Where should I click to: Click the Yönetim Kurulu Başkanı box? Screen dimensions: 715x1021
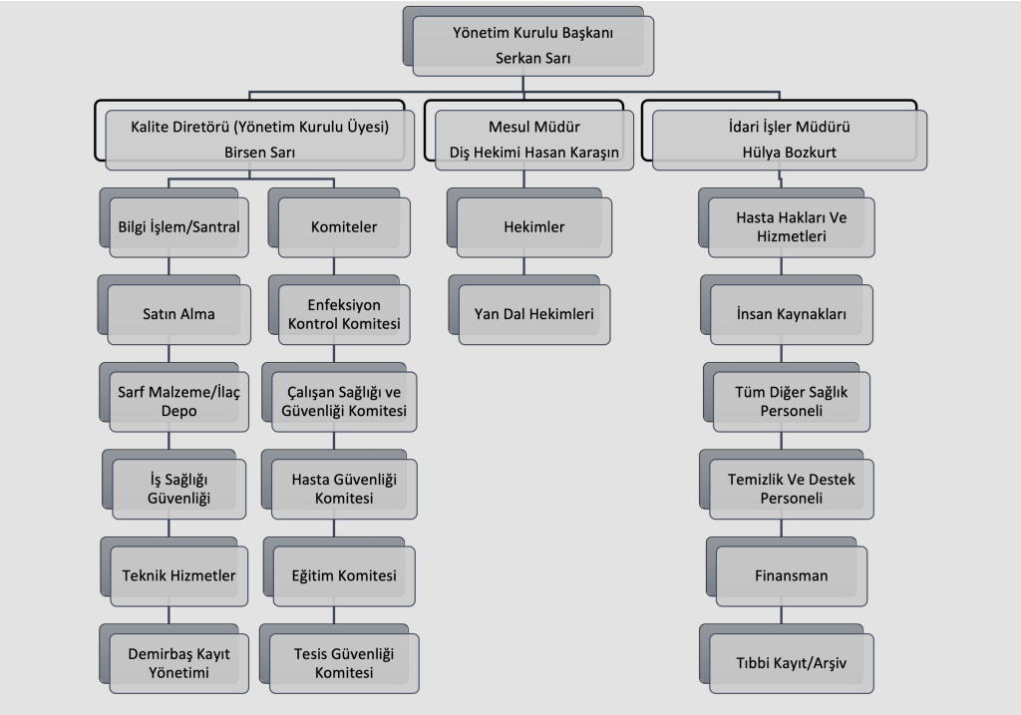[x=533, y=45]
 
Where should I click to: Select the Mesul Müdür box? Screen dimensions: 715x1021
[x=533, y=139]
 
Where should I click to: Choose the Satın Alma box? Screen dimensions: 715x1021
[x=172, y=314]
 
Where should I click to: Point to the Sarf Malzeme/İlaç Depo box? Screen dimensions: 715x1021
[x=172, y=401]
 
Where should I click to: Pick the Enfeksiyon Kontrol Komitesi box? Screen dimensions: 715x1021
[x=343, y=314]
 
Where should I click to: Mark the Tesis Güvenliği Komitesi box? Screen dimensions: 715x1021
[x=343, y=662]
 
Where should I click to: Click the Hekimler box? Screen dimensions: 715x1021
[x=533, y=226]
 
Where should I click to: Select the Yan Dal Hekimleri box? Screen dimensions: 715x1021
[x=533, y=314]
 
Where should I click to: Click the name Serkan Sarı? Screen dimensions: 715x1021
[x=533, y=58]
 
